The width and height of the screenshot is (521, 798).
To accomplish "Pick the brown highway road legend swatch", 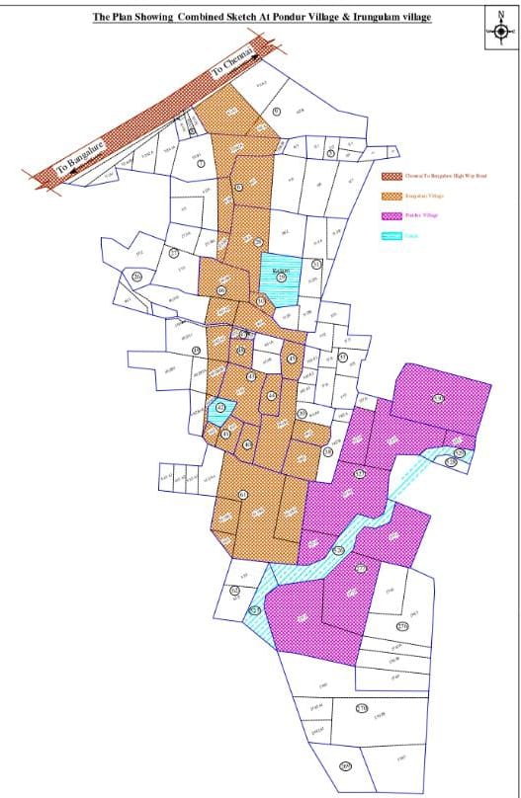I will pos(389,177).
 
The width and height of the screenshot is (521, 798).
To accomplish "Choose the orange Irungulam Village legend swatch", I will pos(389,197).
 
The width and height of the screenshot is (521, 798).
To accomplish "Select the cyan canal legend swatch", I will pos(389,235).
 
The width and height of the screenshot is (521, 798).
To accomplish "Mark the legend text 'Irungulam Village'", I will pos(424,197).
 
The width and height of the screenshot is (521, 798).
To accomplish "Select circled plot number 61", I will pos(243,494).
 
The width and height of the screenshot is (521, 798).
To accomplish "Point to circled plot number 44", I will pos(272,396).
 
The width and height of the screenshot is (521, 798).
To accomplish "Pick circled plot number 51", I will pos(315,265).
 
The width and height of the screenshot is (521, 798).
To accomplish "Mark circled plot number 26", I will pos(221,289).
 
